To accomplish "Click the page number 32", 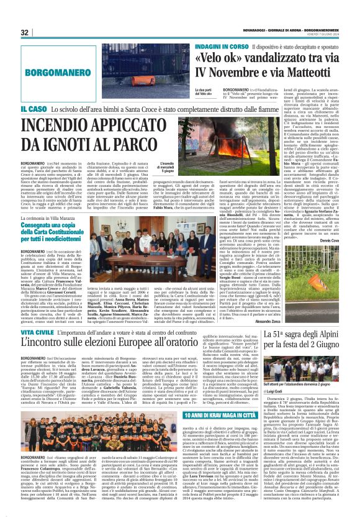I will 25,32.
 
